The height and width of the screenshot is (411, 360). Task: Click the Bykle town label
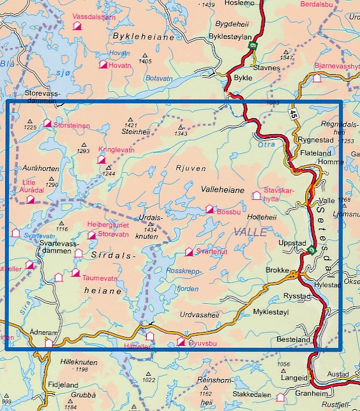click(244, 78)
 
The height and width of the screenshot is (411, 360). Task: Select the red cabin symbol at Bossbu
click(209, 209)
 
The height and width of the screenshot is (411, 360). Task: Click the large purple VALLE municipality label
click(250, 233)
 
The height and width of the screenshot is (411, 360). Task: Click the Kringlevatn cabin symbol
click(101, 160)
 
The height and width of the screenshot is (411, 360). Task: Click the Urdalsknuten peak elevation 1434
click(151, 229)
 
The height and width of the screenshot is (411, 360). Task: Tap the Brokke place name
click(278, 270)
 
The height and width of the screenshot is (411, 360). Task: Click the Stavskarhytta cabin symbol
click(257, 195)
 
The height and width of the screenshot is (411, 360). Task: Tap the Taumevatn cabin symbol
click(75, 273)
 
